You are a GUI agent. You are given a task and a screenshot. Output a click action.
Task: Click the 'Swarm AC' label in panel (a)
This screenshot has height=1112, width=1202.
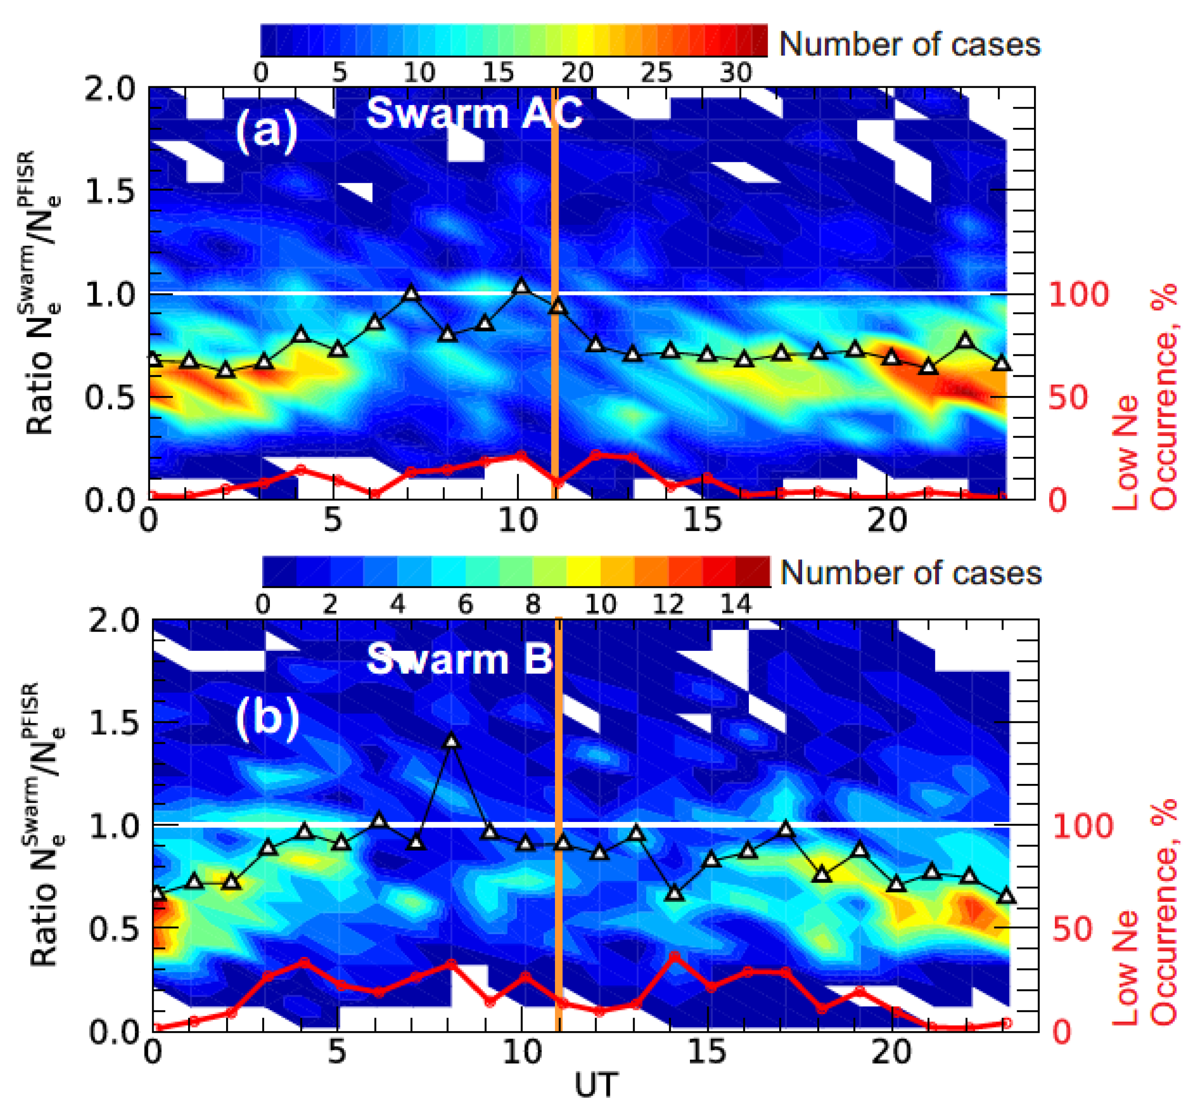point(474,113)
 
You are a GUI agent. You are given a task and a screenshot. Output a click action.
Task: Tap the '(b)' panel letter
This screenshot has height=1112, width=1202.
point(267,716)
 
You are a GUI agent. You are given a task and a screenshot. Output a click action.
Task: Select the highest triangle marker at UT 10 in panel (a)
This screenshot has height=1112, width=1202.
point(521,286)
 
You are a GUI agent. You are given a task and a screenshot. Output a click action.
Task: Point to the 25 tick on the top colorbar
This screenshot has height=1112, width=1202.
point(656,73)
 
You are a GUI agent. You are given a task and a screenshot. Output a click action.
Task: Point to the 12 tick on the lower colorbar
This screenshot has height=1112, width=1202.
point(667,603)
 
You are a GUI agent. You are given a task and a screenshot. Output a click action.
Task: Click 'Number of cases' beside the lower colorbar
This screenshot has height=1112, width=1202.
point(911,572)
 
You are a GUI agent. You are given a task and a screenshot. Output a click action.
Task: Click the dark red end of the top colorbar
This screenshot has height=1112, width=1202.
point(759,40)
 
